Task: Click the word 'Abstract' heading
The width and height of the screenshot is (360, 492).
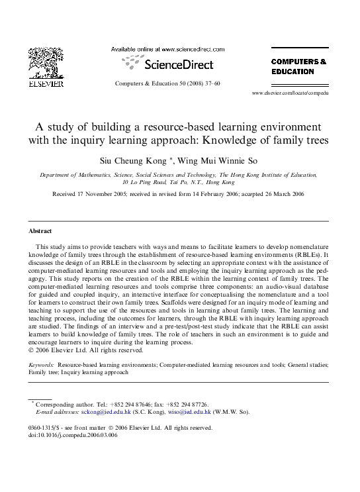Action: [40, 232]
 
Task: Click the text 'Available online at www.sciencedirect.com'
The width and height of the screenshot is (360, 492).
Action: [167, 50]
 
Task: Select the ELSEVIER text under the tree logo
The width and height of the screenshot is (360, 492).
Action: [46, 85]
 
